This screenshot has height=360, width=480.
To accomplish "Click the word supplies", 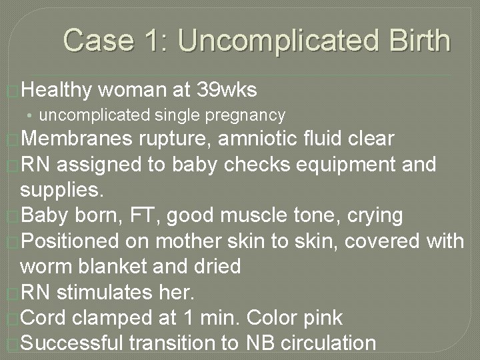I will coord(62,190).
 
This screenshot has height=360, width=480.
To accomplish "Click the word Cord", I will coord(43,317).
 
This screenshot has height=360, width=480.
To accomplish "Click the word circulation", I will coord(329,343).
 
